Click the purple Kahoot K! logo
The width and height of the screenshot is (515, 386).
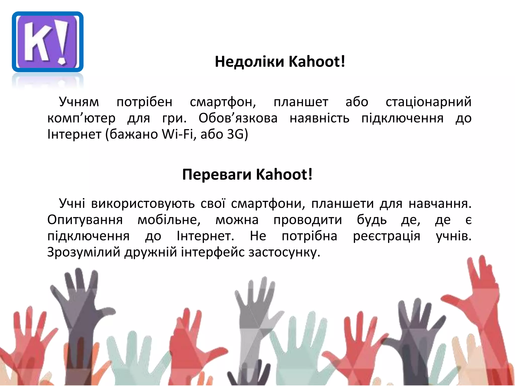48,42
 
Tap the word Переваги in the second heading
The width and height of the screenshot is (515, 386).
217,174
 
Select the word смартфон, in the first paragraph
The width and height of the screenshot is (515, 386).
223,102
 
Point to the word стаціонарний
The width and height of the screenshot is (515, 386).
428,102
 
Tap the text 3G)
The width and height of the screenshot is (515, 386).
237,134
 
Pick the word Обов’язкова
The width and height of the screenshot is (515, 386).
238,118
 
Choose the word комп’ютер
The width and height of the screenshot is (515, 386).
81,118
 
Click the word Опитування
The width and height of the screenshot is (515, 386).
85,220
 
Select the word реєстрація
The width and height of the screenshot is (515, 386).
387,236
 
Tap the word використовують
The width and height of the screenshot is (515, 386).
143,204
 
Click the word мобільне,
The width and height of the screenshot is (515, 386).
169,220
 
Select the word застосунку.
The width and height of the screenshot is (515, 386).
284,252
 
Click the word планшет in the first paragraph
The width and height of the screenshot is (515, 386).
301,102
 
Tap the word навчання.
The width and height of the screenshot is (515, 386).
440,204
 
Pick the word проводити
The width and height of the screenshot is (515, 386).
308,220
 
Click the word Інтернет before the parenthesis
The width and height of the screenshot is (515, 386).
74,134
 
